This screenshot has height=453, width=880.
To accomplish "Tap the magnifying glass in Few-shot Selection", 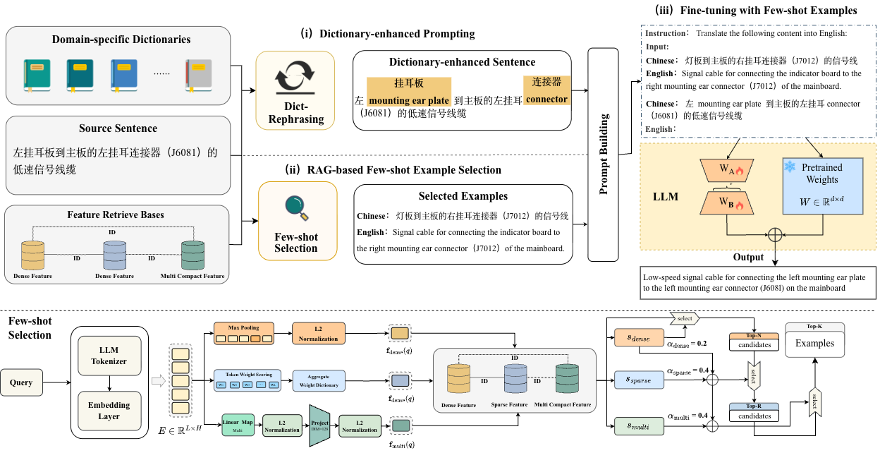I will (295, 207).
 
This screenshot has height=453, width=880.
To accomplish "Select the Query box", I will (21, 383).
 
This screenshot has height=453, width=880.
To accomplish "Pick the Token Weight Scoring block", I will (246, 381).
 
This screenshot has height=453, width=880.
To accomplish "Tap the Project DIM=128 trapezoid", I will (319, 425).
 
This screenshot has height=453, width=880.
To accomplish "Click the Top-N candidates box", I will (754, 345).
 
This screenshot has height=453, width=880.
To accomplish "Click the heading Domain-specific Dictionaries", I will (121, 40).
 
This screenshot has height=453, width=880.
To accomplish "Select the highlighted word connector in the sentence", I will (546, 99).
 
